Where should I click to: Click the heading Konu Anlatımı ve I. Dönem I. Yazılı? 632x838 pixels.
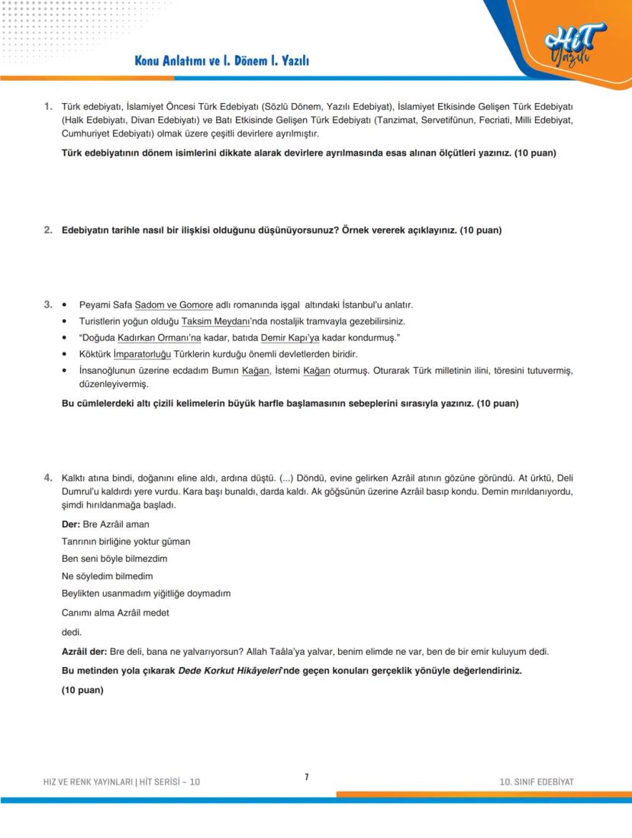[221, 61]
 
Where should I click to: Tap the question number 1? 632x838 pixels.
[48, 106]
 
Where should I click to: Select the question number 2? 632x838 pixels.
[48, 230]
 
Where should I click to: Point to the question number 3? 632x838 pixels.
[48, 305]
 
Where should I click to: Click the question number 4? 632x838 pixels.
[48, 477]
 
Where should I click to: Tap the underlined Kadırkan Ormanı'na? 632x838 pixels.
[179, 337]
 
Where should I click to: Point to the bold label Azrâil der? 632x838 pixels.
[84, 652]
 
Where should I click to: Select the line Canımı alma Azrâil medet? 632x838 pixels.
[115, 612]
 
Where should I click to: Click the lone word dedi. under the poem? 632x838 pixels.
[71, 632]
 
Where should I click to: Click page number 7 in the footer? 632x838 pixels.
[306, 777]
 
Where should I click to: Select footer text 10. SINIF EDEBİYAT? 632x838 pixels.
[536, 782]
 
